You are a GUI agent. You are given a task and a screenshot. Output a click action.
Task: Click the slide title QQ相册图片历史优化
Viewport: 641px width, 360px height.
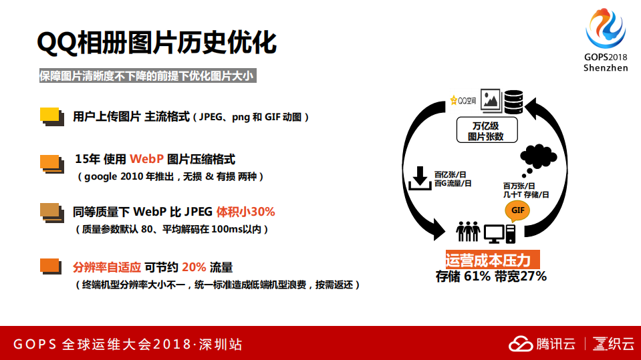click(x=157, y=43)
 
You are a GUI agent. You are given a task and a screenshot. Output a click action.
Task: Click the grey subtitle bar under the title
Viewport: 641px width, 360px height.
click(x=146, y=76)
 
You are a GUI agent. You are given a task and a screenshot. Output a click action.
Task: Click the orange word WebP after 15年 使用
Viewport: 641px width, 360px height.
click(x=146, y=159)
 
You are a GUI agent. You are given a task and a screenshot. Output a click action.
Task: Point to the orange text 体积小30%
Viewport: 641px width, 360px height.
click(x=245, y=212)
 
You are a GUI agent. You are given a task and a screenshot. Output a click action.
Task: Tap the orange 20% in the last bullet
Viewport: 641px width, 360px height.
click(x=193, y=267)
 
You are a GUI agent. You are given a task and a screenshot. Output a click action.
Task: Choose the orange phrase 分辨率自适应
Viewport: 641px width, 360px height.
click(x=107, y=267)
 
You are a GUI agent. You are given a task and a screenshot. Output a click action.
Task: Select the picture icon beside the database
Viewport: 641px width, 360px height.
click(x=491, y=100)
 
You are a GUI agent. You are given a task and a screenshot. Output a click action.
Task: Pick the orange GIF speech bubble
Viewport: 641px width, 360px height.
click(x=518, y=212)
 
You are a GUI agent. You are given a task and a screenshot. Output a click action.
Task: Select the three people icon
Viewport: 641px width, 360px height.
click(x=468, y=232)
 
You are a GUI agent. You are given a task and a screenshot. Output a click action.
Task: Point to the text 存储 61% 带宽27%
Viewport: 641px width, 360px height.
click(x=491, y=276)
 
